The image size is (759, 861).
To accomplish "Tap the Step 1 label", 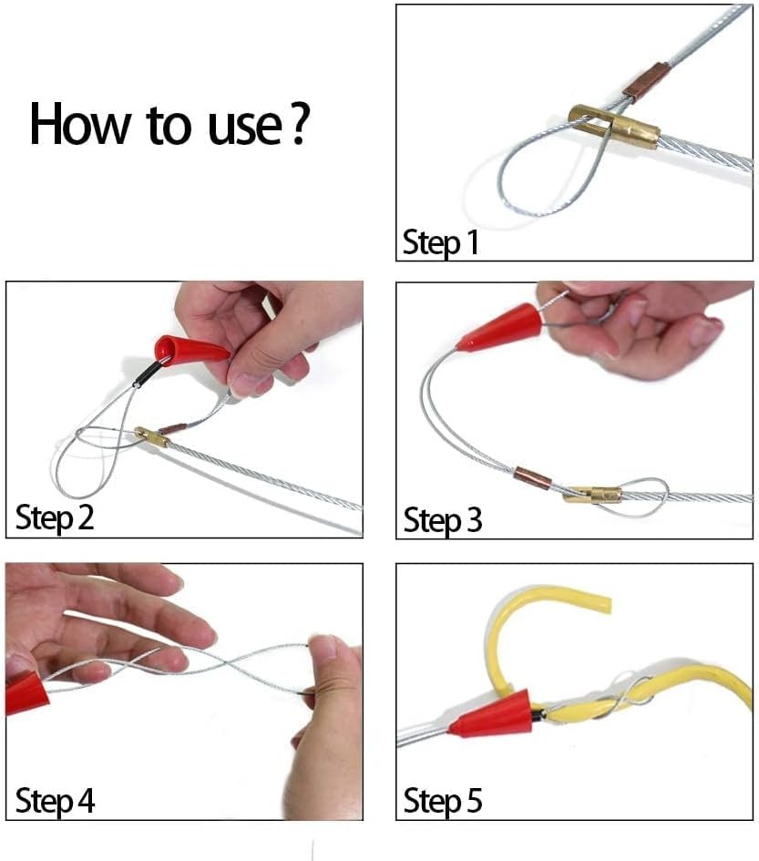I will point(440,243).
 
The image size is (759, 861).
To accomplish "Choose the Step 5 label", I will point(442,802).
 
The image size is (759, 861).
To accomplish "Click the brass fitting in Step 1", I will point(615,126).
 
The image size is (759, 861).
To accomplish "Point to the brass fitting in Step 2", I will point(152,436).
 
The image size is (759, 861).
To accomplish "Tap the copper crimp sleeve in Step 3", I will point(532,478).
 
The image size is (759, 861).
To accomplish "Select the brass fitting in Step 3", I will point(592,496).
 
